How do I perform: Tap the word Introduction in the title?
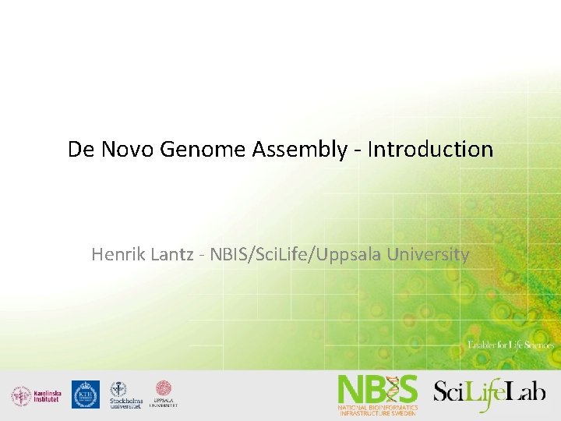click(x=430, y=149)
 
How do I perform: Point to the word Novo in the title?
click(x=128, y=149)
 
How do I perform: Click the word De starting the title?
click(x=80, y=149)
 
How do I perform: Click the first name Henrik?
click(x=117, y=254)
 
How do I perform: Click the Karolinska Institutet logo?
click(x=33, y=396)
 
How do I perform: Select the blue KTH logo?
click(x=85, y=394)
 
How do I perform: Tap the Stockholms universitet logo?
click(x=125, y=395)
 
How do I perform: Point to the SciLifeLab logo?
click(x=489, y=390)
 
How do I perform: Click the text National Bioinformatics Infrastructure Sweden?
click(x=377, y=410)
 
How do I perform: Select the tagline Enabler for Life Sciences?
click(x=510, y=345)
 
